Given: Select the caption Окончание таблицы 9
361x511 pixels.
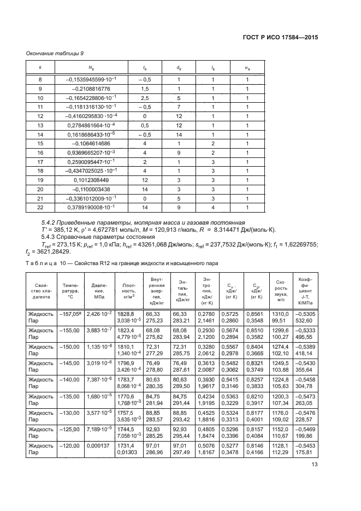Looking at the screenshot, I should click(56, 53).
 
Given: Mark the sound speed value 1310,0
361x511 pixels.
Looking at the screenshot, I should click(280, 314).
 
